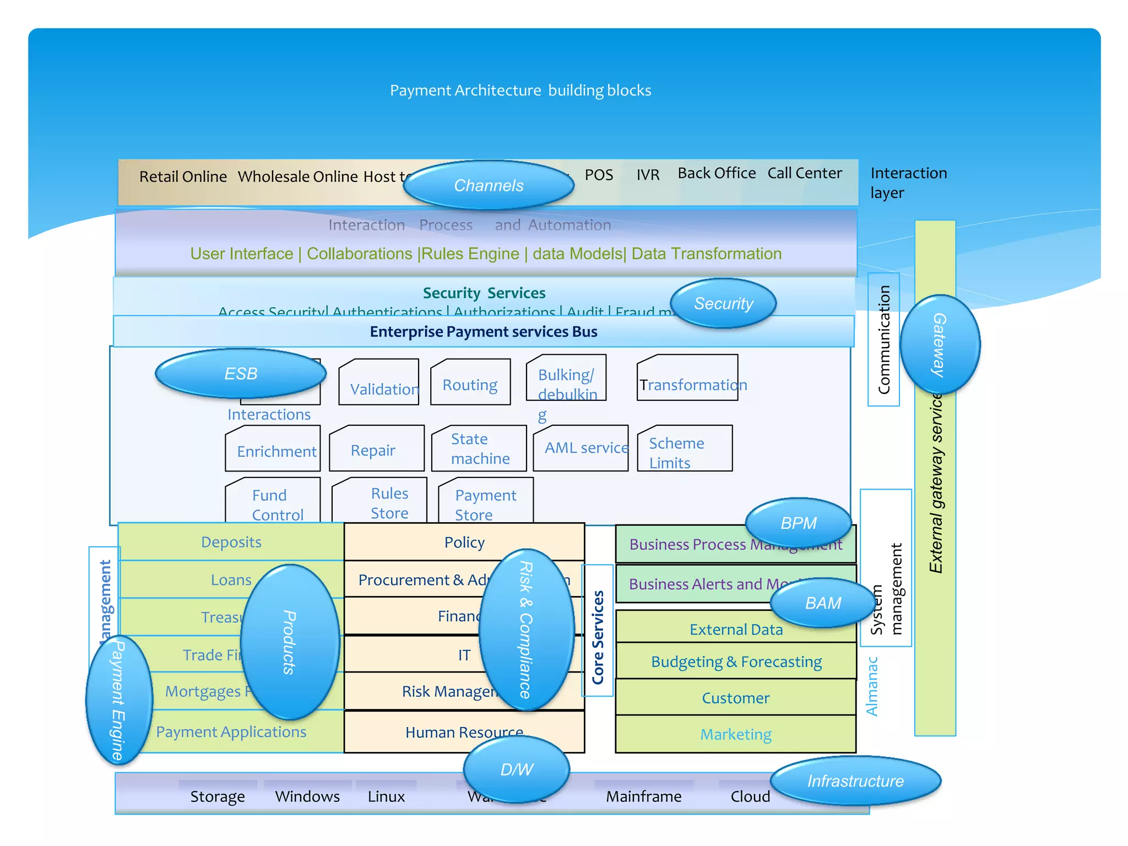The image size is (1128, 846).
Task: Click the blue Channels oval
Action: pyautogui.click(x=489, y=185)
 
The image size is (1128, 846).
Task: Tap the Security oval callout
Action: pyautogui.click(x=723, y=303)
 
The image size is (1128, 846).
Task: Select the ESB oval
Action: pyautogui.click(x=241, y=373)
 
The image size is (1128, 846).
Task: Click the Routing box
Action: pyautogui.click(x=470, y=383)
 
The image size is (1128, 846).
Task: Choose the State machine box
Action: pyautogui.click(x=479, y=448)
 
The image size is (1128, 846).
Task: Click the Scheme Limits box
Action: pyautogui.click(x=685, y=449)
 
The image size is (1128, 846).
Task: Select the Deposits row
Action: pyautogui.click(x=231, y=542)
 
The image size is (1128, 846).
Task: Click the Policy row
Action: pyautogui.click(x=464, y=543)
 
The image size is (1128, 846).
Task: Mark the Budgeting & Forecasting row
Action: pyautogui.click(x=736, y=661)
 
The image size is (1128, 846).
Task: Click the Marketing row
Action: pyautogui.click(x=736, y=734)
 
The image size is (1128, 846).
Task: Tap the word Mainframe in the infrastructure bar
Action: pyautogui.click(x=643, y=796)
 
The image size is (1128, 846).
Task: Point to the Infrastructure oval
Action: pyautogui.click(x=855, y=781)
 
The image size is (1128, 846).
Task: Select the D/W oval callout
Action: pyautogui.click(x=517, y=769)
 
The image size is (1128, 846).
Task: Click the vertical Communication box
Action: pyautogui.click(x=883, y=340)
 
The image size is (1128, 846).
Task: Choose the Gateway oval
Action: pyautogui.click(x=940, y=345)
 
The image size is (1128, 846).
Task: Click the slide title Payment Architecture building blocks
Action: pyautogui.click(x=520, y=90)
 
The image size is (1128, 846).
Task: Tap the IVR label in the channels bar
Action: pyautogui.click(x=648, y=175)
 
